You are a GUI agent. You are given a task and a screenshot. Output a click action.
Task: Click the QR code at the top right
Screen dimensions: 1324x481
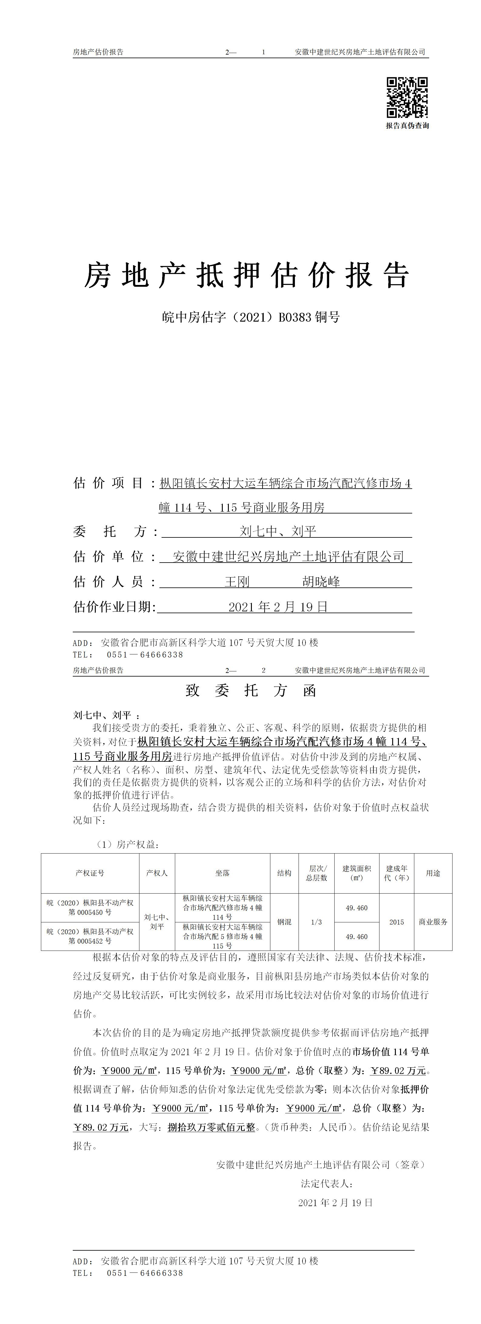pyautogui.click(x=407, y=98)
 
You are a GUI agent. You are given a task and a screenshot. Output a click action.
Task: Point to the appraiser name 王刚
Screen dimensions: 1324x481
pyautogui.click(x=237, y=582)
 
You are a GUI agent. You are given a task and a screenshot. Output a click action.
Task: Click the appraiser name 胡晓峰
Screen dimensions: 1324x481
pyautogui.click(x=321, y=582)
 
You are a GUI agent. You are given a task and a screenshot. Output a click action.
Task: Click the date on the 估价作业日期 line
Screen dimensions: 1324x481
pyautogui.click(x=278, y=607)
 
